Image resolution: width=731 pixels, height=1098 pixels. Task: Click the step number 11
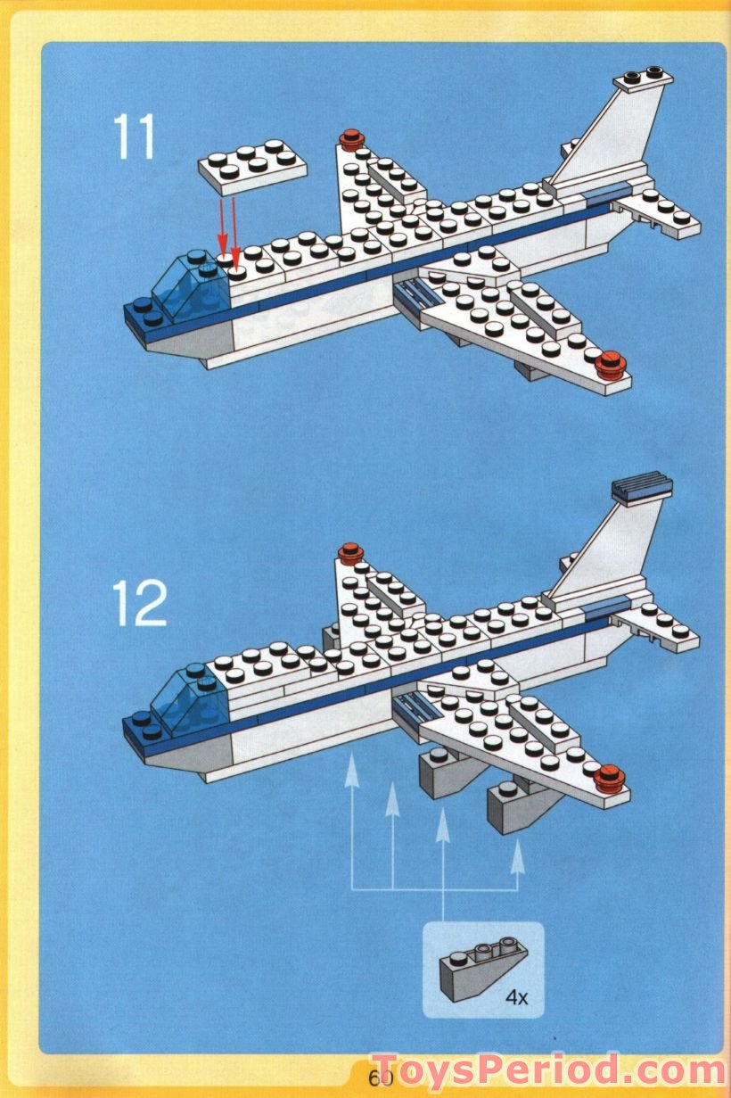click(x=134, y=137)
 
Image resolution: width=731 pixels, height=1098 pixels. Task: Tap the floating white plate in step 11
click(x=252, y=167)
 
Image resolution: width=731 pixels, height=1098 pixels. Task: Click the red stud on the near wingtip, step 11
click(x=611, y=364)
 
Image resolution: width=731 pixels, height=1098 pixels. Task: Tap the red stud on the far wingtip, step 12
click(x=351, y=552)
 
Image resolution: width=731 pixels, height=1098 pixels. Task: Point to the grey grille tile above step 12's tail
click(x=641, y=487)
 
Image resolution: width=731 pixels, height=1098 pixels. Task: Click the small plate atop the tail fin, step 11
click(x=644, y=79)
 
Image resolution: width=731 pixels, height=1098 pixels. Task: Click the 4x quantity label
click(x=516, y=997)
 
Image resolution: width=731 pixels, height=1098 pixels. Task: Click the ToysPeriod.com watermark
click(x=548, y=1070)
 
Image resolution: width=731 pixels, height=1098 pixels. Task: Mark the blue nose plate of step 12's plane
click(x=144, y=727)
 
